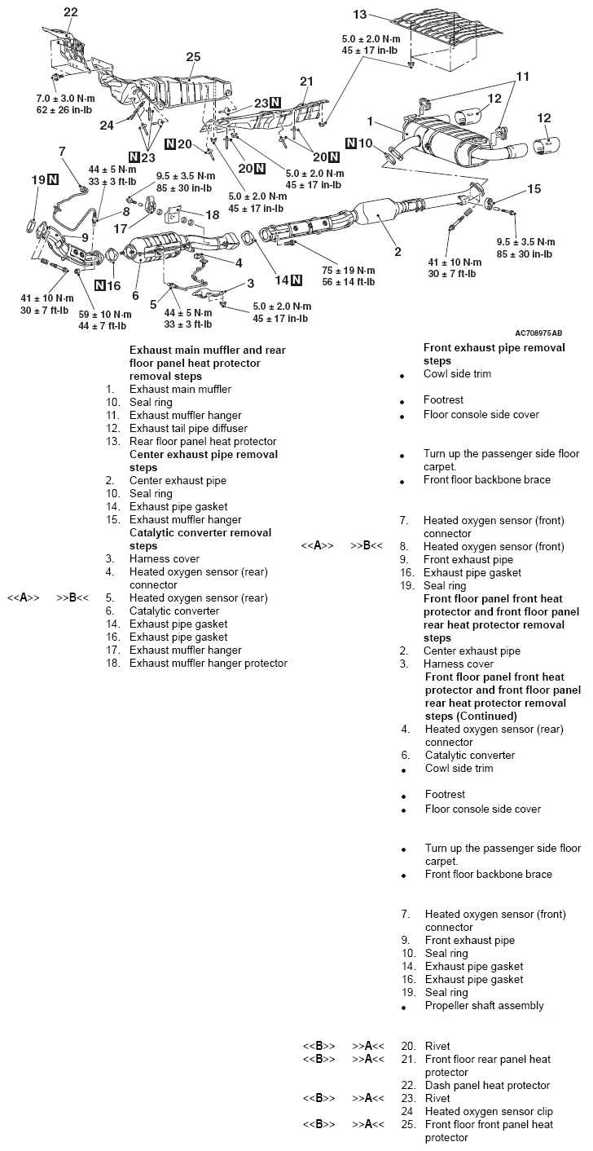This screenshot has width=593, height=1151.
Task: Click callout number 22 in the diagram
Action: (71, 11)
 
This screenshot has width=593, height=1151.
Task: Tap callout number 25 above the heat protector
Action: (193, 56)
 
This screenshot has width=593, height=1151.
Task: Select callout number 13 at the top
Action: (361, 14)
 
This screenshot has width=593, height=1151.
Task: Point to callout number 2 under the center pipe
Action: (398, 252)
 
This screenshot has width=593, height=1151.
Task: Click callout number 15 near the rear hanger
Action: (534, 189)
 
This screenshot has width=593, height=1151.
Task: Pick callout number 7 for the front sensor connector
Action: (61, 151)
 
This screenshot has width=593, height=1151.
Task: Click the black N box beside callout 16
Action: (100, 285)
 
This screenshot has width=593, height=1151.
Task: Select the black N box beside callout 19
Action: (53, 179)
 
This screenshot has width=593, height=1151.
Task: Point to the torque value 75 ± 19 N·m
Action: (348, 270)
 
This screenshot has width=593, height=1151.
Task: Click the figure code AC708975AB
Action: (538, 333)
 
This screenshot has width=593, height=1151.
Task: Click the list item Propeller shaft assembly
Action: (484, 1006)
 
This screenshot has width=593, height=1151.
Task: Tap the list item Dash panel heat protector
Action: (487, 1086)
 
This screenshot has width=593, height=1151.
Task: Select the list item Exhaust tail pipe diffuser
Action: (188, 428)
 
